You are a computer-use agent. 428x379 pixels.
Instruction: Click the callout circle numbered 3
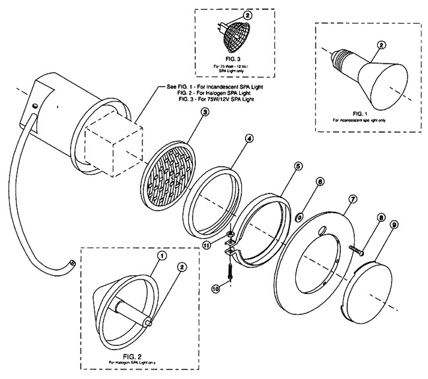205,113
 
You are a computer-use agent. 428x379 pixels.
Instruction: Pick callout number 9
394,224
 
